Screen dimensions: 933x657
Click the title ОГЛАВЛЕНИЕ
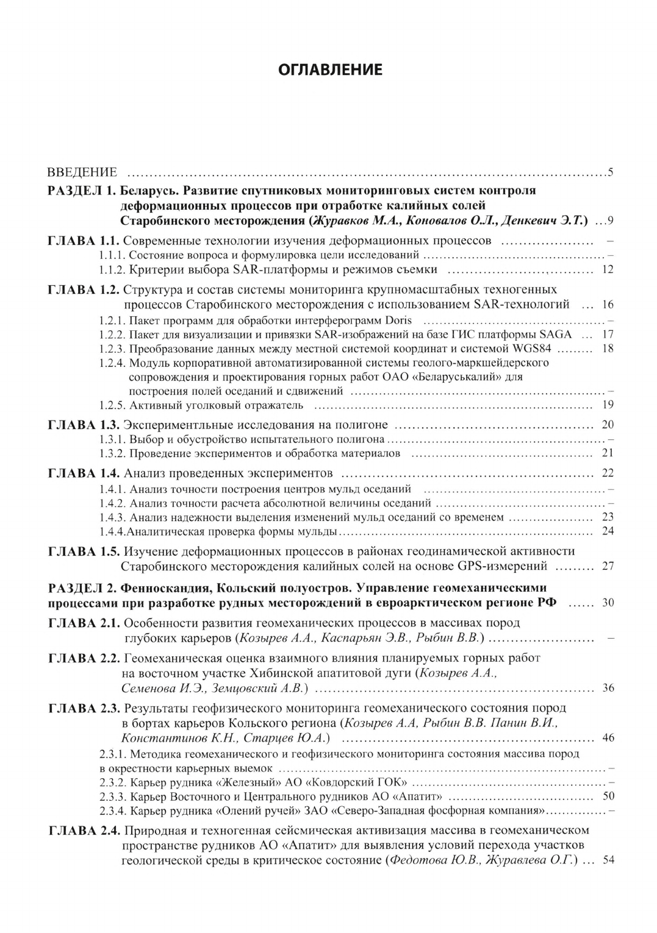[x=330, y=69]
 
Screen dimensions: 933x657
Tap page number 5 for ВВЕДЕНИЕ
[x=610, y=172]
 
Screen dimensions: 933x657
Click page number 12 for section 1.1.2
[x=607, y=269]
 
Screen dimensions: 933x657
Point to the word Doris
[x=399, y=320]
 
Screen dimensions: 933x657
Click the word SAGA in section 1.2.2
[x=556, y=334]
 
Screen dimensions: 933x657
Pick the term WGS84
[x=535, y=349]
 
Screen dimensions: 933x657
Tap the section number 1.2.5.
[x=113, y=405]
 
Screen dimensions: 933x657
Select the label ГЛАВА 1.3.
[x=85, y=425]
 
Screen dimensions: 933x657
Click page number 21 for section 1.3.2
[x=607, y=453]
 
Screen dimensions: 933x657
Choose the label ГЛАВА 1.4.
[x=85, y=473]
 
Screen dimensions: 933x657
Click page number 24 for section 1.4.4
[x=607, y=531]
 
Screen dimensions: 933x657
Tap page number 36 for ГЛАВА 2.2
[x=608, y=688]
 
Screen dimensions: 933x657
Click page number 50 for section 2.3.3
[x=608, y=796]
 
